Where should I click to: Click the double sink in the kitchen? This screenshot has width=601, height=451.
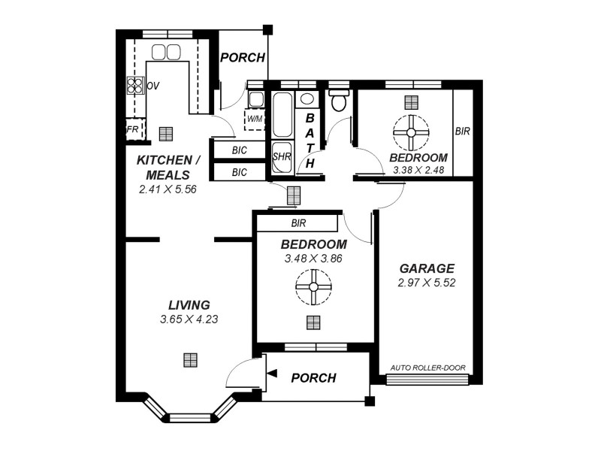[165, 52]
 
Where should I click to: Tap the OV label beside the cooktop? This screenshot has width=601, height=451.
[153, 86]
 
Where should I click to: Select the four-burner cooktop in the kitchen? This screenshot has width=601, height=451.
[135, 86]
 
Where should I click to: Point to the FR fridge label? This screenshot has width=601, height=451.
[132, 129]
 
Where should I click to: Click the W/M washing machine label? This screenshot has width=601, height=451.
[254, 119]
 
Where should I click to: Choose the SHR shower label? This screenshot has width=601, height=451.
[282, 157]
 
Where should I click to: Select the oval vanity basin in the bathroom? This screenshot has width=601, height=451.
[307, 99]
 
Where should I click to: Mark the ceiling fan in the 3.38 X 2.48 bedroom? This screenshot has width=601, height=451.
[410, 132]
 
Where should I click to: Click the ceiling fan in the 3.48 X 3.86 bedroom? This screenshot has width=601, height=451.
[313, 286]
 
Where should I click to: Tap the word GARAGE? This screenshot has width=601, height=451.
[426, 268]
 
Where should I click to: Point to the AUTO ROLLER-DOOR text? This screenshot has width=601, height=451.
[428, 368]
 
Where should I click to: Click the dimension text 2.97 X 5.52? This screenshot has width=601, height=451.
[427, 283]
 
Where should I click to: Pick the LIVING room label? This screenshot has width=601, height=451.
[189, 304]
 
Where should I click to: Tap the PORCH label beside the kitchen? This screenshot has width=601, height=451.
[242, 58]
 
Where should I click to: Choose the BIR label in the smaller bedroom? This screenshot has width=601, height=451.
[462, 131]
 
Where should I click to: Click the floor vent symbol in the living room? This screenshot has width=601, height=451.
[190, 359]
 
